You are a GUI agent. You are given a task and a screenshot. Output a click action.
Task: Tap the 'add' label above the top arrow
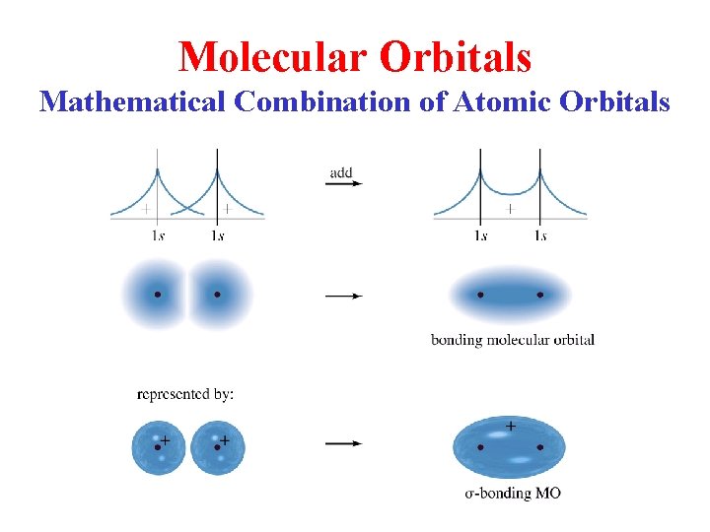(x=341, y=173)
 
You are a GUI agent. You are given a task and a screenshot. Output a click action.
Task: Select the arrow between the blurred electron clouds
(x=343, y=296)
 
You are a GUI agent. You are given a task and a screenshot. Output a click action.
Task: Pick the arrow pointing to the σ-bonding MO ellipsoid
(x=343, y=443)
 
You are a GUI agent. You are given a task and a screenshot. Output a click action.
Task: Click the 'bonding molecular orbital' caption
(x=512, y=340)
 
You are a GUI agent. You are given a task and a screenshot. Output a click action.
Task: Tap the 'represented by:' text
(x=185, y=395)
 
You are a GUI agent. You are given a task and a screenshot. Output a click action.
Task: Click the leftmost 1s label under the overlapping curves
(x=158, y=235)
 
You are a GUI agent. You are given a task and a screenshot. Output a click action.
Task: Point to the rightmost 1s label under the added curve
(x=539, y=235)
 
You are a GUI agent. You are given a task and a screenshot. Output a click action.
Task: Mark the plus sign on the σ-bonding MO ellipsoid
(x=510, y=426)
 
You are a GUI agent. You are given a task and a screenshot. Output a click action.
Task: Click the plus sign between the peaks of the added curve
(x=510, y=208)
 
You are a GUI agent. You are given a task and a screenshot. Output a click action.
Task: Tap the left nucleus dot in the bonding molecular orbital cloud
(x=480, y=294)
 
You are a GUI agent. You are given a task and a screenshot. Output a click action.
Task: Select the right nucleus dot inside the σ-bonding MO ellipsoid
(x=540, y=446)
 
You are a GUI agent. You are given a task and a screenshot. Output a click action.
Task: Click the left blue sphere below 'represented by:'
(x=158, y=447)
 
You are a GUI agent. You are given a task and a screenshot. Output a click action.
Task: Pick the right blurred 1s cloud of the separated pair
(x=219, y=294)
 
